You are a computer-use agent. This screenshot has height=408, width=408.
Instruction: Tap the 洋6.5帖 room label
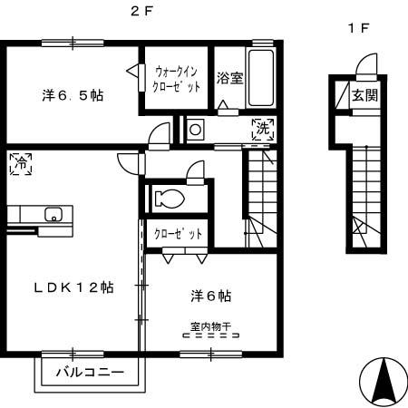[71, 95]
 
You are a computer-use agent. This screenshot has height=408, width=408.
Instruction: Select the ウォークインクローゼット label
[177, 79]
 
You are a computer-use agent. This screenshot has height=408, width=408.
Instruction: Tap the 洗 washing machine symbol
[263, 128]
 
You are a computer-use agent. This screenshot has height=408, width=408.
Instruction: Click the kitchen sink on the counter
[53, 215]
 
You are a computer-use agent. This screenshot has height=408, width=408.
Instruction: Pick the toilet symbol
[171, 199]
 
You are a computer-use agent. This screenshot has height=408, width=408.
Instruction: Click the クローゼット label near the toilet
[178, 235]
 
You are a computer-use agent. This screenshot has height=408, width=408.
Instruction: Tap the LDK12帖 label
[61, 287]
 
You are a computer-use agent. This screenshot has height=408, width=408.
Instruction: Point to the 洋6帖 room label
[210, 296]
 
